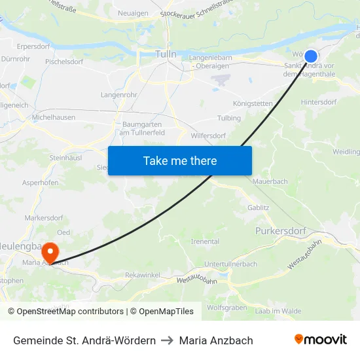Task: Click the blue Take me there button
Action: (180, 160)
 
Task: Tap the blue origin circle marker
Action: (311, 57)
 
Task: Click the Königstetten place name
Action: (253, 103)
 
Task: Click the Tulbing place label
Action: (229, 118)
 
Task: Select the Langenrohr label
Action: (118, 96)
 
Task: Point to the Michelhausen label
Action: (54, 117)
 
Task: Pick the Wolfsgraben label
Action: (226, 307)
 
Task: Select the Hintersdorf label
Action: (318, 103)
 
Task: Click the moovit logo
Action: (320, 340)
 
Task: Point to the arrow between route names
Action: (167, 340)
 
